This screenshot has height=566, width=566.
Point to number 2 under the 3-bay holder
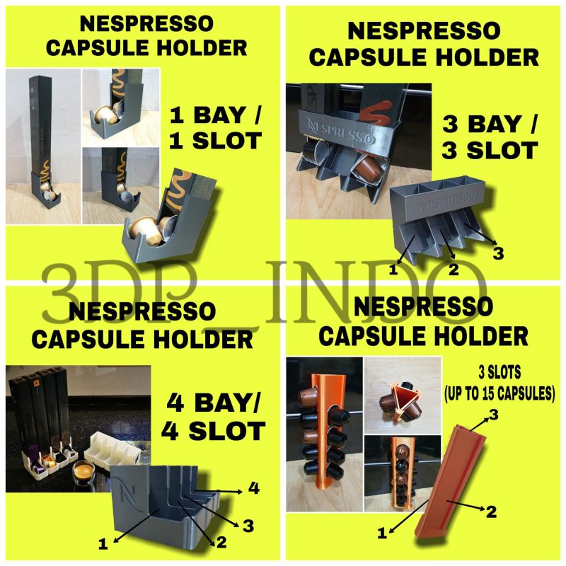454,268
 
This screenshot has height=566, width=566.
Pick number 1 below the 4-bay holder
103,543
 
